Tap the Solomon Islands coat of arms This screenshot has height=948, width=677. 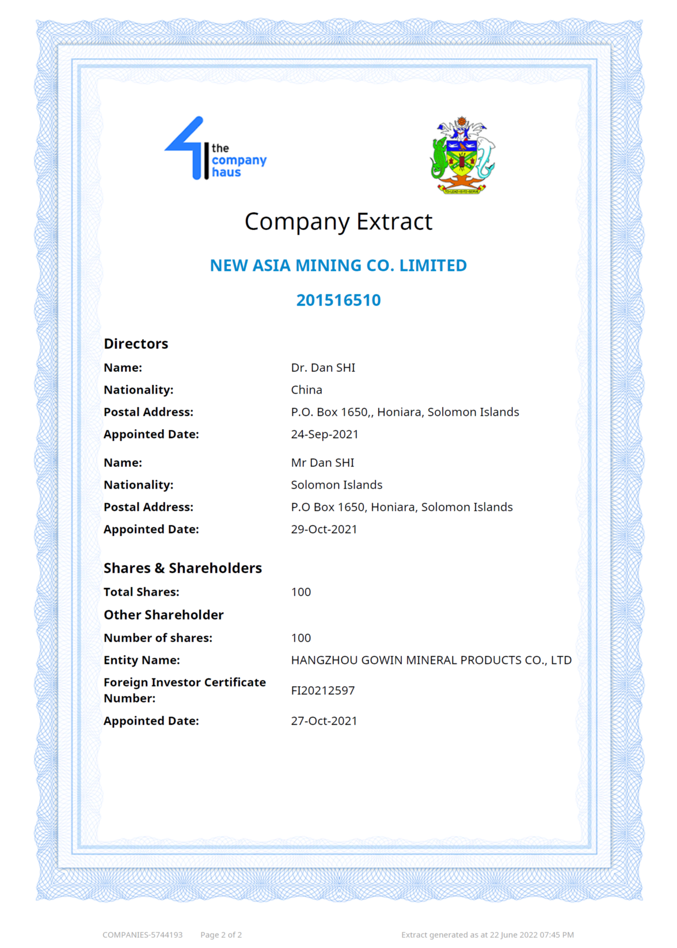(462, 156)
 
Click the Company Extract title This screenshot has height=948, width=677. (338, 222)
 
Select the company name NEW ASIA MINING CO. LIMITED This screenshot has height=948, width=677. (338, 266)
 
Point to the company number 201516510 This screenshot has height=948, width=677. (338, 300)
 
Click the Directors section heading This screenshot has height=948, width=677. (136, 344)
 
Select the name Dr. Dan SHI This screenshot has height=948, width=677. (323, 368)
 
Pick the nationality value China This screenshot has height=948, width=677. (306, 390)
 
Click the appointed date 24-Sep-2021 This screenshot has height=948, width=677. (325, 435)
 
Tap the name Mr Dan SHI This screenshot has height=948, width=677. (322, 463)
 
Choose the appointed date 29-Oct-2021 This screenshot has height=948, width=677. (324, 530)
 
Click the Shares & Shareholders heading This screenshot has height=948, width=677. (182, 568)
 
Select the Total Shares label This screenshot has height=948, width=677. (142, 592)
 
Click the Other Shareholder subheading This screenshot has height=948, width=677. (163, 615)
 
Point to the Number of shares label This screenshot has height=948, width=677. (158, 638)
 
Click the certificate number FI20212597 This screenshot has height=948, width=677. (323, 690)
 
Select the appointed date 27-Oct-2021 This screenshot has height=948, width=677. (324, 721)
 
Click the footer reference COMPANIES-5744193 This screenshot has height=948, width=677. (143, 935)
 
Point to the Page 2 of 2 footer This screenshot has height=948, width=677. (221, 935)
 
